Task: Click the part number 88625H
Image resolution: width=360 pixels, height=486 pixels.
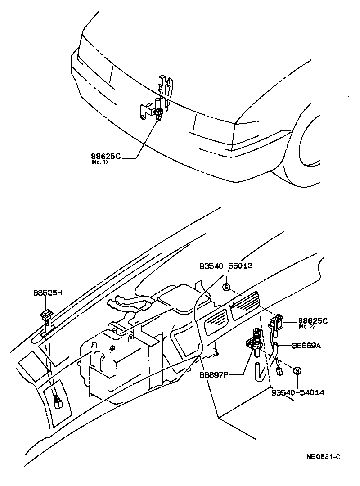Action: coord(47,292)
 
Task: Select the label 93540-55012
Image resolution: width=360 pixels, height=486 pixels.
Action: coord(225,265)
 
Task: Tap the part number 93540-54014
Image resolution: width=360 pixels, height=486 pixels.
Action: coord(297,392)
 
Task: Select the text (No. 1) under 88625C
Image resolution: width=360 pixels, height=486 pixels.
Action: coord(99,162)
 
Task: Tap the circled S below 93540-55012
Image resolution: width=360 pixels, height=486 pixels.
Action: coord(226,286)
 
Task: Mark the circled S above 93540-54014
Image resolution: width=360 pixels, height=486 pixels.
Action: coord(297,371)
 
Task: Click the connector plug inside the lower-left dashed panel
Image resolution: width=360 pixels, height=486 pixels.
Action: coord(57,401)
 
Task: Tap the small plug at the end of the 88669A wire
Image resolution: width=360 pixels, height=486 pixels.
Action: coord(279,371)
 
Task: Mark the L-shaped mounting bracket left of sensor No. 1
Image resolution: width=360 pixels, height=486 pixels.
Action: coord(145,111)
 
